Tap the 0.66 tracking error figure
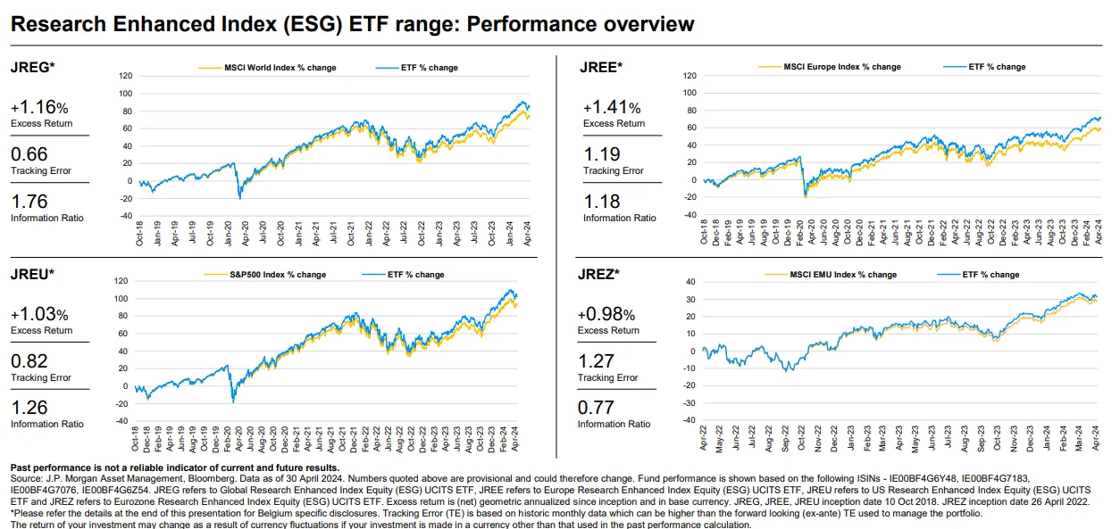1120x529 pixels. click(x=29, y=154)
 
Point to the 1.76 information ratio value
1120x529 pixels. click(x=29, y=202)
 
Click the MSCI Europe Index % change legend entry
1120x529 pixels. click(x=840, y=67)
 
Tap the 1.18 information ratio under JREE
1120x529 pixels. click(x=601, y=202)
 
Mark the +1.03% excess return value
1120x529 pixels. click(x=39, y=315)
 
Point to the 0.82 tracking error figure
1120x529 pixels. click(x=29, y=361)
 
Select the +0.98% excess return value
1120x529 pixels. click(x=606, y=315)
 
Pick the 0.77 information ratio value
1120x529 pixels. click(x=596, y=408)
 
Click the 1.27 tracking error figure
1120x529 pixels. click(x=596, y=361)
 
